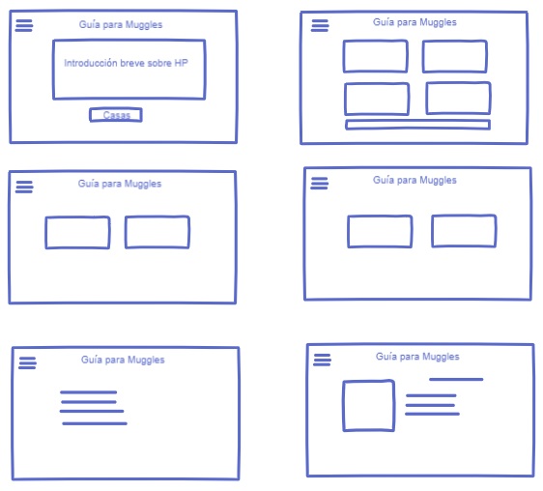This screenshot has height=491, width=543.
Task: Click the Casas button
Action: point(116,115)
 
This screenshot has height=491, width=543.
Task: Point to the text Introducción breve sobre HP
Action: point(126,63)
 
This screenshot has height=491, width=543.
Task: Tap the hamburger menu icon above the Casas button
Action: point(24,25)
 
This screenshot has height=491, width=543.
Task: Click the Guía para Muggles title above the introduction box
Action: point(121,24)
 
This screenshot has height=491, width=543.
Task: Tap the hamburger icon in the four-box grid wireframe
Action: point(320,25)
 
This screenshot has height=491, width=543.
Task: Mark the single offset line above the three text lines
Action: point(456,380)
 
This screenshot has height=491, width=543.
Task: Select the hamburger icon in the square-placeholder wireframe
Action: point(322,360)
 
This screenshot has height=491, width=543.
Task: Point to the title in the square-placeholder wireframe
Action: point(417,357)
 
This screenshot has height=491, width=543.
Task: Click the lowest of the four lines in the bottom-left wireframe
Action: point(95,423)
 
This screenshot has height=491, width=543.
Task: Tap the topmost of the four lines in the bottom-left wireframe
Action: point(88,392)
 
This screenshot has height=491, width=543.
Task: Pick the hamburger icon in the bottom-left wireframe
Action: point(27,362)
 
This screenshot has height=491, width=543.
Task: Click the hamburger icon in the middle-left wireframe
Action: point(24,187)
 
